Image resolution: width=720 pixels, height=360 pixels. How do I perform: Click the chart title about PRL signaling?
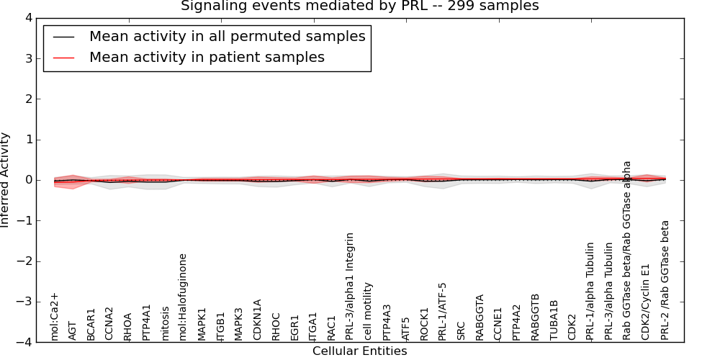click(359, 6)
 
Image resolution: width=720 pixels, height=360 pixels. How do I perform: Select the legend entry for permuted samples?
click(227, 36)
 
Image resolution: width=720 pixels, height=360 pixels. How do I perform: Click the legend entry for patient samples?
click(207, 57)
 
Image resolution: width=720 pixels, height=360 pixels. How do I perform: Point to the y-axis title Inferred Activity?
click(6, 180)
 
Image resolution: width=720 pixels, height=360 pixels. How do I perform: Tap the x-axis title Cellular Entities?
click(359, 351)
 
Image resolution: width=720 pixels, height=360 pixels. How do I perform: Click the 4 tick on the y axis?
click(31, 18)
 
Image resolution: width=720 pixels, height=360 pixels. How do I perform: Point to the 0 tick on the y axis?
click(31, 180)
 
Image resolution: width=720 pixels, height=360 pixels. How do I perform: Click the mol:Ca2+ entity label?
click(55, 316)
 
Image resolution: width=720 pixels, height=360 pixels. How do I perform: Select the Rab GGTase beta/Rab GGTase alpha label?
click(627, 250)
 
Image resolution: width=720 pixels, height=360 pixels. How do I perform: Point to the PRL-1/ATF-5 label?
click(442, 311)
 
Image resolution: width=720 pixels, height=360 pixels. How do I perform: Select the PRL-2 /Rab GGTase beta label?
click(665, 280)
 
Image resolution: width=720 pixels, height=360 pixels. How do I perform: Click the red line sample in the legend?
click(63, 57)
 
